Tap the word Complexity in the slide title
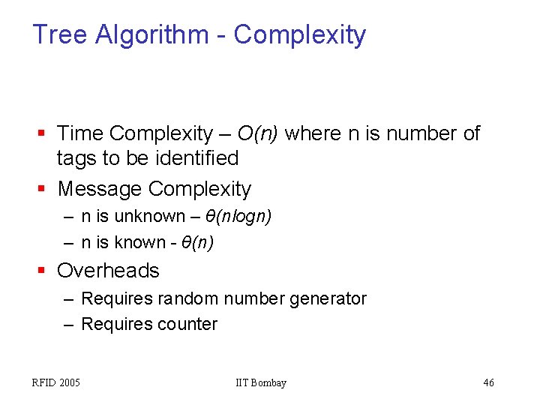pyautogui.click(x=299, y=35)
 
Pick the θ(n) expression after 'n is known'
pyautogui.click(x=197, y=242)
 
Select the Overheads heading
pyautogui.click(x=108, y=270)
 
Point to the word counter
pyautogui.click(x=192, y=324)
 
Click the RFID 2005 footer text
pyautogui.click(x=56, y=383)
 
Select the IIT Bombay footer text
pyautogui.click(x=260, y=383)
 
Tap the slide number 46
pyautogui.click(x=488, y=383)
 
